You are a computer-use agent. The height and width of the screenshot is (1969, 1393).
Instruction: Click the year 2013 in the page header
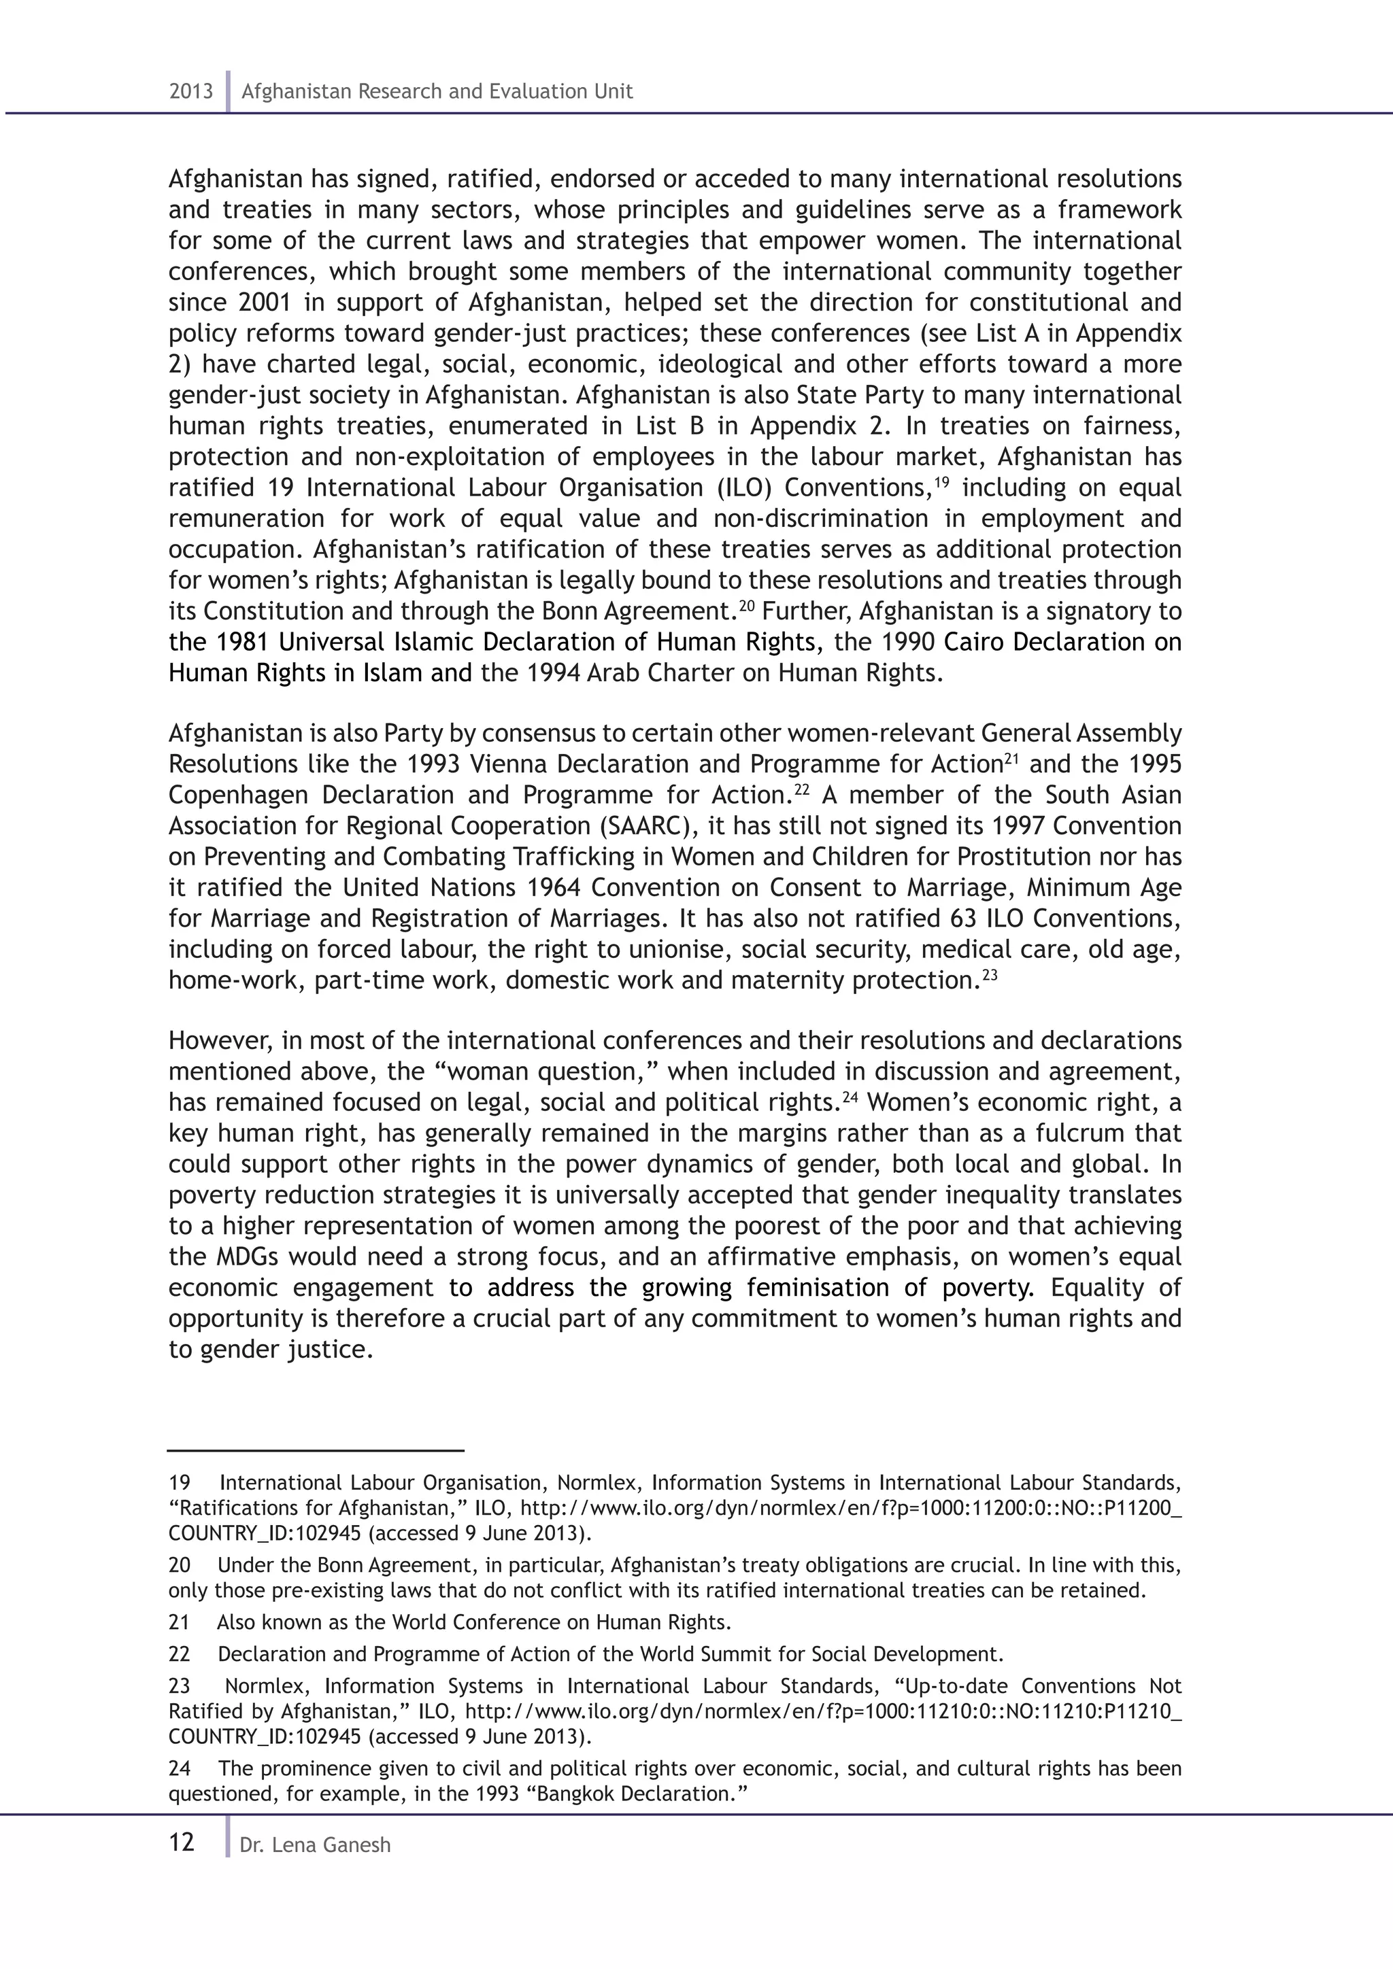[190, 92]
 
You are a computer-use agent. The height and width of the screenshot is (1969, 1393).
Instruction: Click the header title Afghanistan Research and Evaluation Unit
[437, 92]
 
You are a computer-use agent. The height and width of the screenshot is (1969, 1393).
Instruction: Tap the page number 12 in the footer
[182, 1842]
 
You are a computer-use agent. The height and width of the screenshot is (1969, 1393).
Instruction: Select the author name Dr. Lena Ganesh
[315, 1845]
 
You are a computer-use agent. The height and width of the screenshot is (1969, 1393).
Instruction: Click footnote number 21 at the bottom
[180, 1622]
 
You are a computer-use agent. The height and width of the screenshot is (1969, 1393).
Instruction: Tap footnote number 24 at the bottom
[180, 1768]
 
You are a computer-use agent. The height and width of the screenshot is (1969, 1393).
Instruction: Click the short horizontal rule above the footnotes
[316, 1450]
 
